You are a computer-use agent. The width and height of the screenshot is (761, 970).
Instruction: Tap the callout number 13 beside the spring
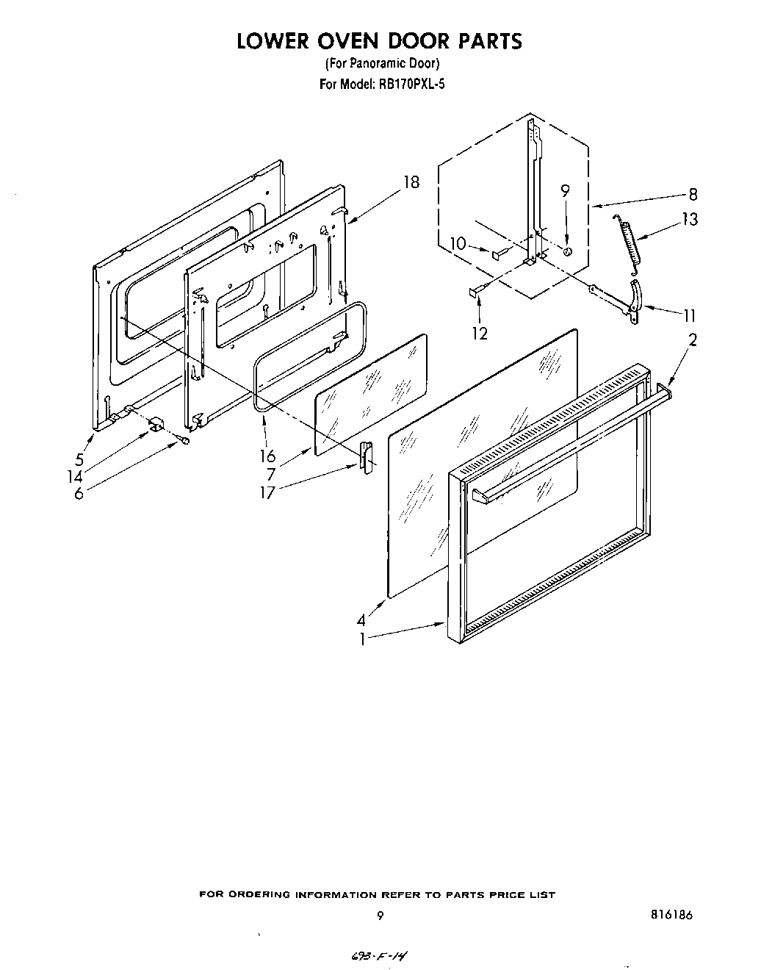pos(689,219)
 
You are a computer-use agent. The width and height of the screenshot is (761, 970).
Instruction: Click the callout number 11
pos(689,316)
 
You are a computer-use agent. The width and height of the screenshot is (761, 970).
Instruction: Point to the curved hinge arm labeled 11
pos(636,297)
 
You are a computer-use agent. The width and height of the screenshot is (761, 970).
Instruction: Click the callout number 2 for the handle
pos(692,339)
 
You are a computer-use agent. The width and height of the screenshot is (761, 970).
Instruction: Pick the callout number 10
pos(458,244)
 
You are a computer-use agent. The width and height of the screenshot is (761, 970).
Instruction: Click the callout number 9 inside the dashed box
pos(565,192)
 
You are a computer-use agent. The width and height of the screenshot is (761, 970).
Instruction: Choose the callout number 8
pos(693,194)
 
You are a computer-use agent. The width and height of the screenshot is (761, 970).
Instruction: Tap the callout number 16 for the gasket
pos(267,457)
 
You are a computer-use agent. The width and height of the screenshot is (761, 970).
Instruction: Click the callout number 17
pos(267,493)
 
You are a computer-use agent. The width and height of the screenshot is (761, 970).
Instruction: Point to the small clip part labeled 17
pos(365,454)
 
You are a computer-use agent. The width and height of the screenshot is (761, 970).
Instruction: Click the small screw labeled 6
pos(184,441)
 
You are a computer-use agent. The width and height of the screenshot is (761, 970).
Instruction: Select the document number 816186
pos(671,915)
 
